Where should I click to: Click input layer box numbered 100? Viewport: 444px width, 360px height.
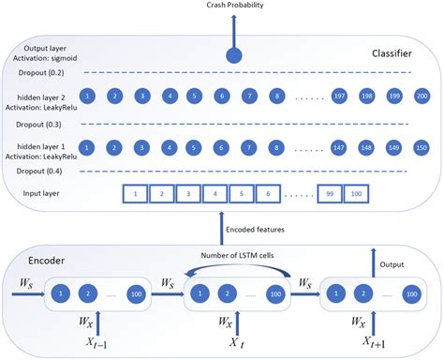coord(354,195)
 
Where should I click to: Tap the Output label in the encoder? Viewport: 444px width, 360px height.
coord(393,265)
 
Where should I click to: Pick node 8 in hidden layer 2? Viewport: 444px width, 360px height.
coord(275,96)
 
